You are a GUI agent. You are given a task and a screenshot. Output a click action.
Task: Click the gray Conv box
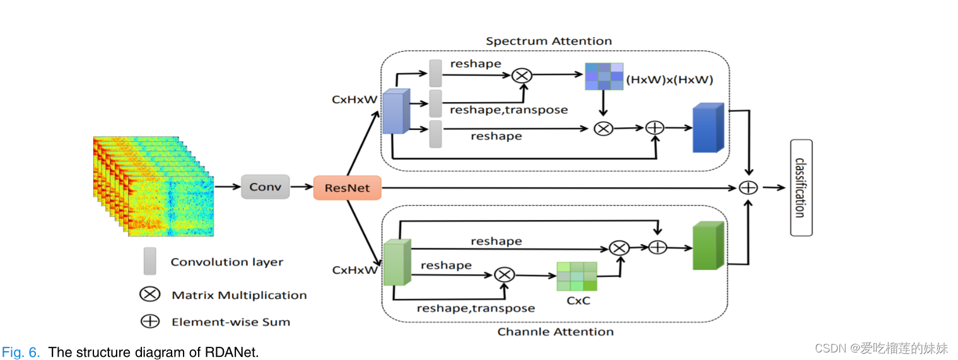click(265, 187)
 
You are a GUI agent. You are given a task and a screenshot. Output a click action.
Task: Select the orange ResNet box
click(348, 188)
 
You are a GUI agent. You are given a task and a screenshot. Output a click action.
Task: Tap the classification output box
click(801, 188)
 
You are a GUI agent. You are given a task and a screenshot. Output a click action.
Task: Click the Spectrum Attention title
click(549, 42)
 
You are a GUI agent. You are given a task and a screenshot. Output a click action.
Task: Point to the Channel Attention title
click(555, 332)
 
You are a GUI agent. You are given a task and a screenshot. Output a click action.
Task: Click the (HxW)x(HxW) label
click(669, 80)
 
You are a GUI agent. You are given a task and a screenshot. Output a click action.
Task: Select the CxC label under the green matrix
click(578, 301)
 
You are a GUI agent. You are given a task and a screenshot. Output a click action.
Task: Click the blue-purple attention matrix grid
click(604, 76)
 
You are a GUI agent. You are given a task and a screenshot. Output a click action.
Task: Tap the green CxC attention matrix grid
click(576, 276)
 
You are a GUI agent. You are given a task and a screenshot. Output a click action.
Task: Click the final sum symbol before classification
click(748, 187)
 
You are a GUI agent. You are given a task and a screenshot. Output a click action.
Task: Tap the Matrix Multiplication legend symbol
click(149, 294)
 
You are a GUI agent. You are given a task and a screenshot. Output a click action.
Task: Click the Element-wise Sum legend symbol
click(149, 321)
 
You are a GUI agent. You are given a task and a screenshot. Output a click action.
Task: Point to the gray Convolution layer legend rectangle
click(149, 261)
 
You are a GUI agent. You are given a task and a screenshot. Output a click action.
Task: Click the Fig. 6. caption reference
click(21, 352)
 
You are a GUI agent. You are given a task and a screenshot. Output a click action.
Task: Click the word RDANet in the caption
click(231, 352)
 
